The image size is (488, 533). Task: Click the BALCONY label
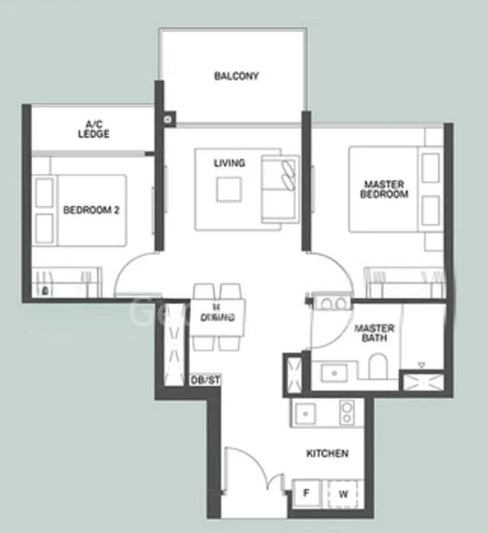coord(236,76)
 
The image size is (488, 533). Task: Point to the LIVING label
coord(229,163)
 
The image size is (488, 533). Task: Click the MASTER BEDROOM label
coord(385,189)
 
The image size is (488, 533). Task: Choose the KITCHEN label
coord(326,454)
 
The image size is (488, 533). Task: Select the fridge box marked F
coord(306,491)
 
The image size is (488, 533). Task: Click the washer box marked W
coord(340,491)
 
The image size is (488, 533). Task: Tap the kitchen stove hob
coord(346,412)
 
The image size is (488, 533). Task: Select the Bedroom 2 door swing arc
coord(138,276)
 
